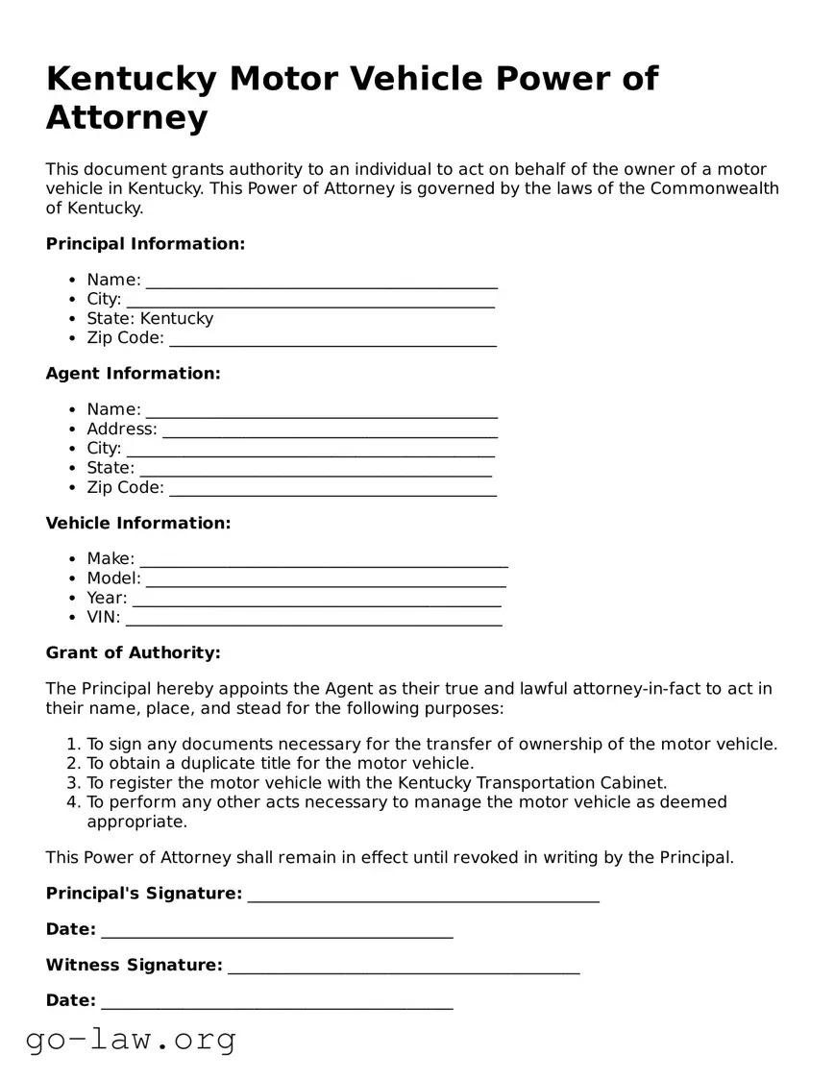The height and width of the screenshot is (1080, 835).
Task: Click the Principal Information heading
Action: (x=145, y=244)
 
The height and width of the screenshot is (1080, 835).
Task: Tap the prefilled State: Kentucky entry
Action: (x=150, y=318)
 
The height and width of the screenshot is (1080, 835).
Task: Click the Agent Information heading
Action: (x=133, y=374)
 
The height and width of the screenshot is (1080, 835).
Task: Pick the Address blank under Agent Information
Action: (x=330, y=430)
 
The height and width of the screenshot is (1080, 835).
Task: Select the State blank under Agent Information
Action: (x=315, y=469)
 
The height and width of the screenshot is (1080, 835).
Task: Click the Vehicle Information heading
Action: (x=138, y=524)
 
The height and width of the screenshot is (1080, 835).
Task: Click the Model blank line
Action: (x=326, y=579)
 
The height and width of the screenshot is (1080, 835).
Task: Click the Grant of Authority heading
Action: (x=133, y=653)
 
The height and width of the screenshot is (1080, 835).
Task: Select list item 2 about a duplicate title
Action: (x=280, y=763)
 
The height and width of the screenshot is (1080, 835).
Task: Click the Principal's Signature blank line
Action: (x=423, y=896)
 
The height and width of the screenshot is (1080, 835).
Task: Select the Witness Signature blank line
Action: (x=404, y=967)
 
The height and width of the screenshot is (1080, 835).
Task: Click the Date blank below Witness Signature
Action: (x=277, y=1002)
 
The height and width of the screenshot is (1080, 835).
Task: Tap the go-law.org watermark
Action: (x=131, y=1039)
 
